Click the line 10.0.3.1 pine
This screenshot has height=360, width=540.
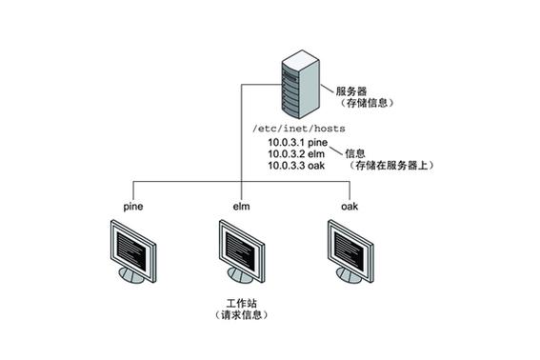pos(297,142)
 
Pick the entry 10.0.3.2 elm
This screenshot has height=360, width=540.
pos(296,153)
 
